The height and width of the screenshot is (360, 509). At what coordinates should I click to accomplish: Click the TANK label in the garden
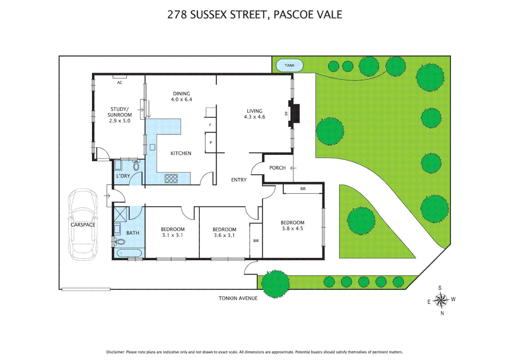coord(289,65)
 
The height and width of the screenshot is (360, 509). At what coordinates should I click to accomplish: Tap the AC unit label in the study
coord(120,82)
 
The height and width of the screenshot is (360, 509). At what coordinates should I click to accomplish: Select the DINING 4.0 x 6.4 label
coord(182,96)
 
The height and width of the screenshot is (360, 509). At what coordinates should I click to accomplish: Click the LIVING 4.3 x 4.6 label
coord(254,114)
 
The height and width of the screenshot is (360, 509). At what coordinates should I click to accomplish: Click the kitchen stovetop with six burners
coord(171,179)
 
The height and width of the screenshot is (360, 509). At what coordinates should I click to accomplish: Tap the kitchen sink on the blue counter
coord(153,147)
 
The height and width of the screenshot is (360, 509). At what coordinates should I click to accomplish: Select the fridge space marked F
coord(210,125)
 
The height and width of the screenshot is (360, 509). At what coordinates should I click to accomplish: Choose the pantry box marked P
coord(211,143)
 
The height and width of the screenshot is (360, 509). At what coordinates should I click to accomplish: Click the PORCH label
coord(277,168)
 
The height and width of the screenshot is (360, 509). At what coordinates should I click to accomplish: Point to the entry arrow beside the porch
coord(293,168)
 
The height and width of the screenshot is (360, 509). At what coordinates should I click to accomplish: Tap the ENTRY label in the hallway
coord(239,180)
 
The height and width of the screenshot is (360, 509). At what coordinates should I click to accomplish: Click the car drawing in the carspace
coord(83,224)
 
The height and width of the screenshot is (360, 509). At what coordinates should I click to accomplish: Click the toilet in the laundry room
coord(136,165)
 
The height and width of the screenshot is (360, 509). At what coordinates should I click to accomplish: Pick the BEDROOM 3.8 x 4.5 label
coord(292,225)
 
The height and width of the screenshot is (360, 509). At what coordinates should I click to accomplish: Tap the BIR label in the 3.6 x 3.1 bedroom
coord(256,241)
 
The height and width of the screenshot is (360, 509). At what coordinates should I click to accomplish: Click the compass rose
coord(441,300)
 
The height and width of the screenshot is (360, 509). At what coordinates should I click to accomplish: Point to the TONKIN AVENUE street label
coord(238,298)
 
